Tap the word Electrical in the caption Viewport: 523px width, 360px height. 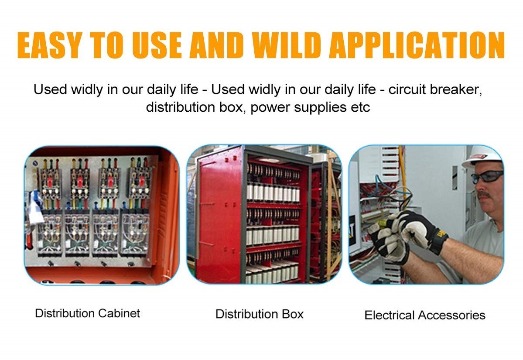click(389, 315)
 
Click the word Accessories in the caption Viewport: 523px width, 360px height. click(451, 315)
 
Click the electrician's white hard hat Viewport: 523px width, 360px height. click(482, 156)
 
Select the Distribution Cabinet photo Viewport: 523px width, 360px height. click(102, 215)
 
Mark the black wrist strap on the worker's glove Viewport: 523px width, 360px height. click(438, 241)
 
